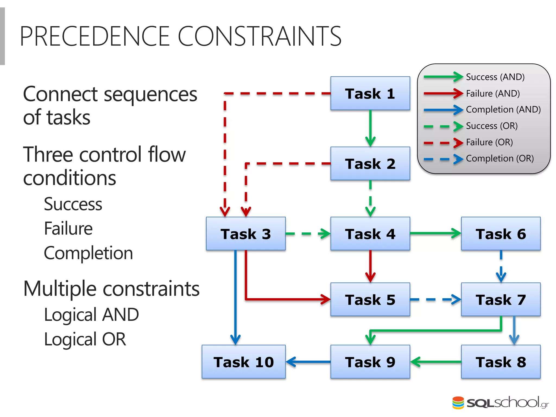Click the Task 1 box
[370, 93]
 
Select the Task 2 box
[370, 164]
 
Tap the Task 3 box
[246, 234]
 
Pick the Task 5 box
[370, 299]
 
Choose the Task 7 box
[501, 299]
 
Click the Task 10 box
[244, 362]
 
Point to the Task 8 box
[501, 362]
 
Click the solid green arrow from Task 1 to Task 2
[370, 128]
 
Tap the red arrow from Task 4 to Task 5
[370, 266]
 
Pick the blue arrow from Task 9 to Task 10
[308, 362]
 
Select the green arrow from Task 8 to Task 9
[436, 362]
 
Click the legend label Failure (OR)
[489, 142]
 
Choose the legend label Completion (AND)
[503, 109]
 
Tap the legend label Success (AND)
[495, 77]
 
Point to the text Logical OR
[85, 339]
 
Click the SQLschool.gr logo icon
[458, 403]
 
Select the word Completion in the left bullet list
[88, 253]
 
